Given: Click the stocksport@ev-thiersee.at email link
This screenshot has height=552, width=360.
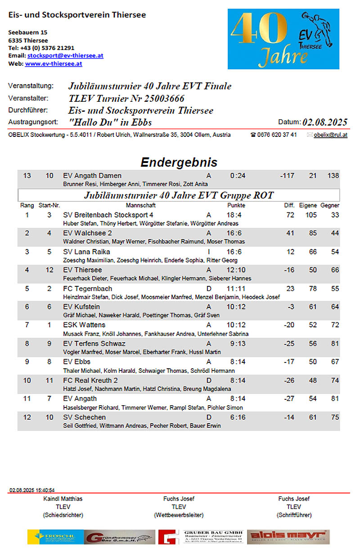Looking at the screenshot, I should (65, 56).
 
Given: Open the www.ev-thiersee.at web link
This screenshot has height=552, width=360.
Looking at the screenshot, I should (54, 64).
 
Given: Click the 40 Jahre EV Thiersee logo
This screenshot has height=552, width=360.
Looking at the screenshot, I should (283, 40).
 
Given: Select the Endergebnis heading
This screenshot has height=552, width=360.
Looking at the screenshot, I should (179, 162).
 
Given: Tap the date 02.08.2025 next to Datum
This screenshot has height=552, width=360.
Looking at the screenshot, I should (325, 122).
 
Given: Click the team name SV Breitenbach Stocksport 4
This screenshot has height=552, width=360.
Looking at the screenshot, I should (108, 215).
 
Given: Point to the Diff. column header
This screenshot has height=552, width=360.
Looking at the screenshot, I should (289, 205).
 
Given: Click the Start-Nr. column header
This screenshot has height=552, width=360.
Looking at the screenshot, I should (49, 205).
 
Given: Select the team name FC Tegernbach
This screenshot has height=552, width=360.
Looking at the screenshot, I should (88, 289).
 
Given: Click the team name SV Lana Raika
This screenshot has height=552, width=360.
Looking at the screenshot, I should (87, 252).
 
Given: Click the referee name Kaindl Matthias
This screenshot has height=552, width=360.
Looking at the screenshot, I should (63, 499).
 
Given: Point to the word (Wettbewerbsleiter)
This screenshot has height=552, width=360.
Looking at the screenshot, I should (179, 515).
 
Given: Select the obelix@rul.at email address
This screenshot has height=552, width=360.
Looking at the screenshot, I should (330, 135).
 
